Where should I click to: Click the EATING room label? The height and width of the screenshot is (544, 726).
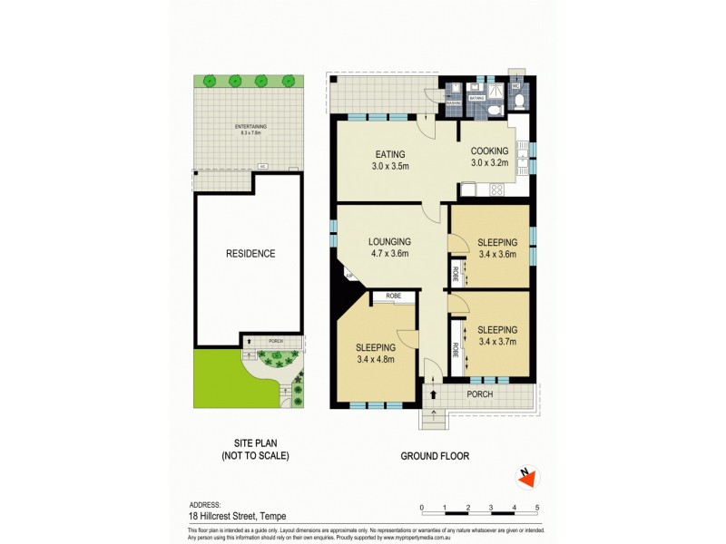coord(389,154)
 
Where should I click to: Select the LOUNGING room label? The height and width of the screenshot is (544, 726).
coord(389,242)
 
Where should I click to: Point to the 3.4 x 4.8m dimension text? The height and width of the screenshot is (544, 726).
coord(375,360)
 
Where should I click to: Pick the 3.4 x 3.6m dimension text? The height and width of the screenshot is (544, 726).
coord(496,255)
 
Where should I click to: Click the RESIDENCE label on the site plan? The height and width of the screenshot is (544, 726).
coord(250,254)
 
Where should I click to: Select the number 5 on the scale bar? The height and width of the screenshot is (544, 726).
coord(537,507)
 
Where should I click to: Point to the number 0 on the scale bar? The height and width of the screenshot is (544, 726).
coord(422,507)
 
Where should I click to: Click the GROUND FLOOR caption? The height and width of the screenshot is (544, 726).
coord(435,456)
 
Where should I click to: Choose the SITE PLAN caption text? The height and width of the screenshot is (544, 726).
coord(255,443)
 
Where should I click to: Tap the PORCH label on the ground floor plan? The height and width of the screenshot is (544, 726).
coord(479,394)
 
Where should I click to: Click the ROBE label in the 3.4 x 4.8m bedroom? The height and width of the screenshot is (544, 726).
coord(393,296)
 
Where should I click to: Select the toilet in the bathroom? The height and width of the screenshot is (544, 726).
coord(492,109)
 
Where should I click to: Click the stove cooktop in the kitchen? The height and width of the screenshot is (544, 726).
coord(495,190)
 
